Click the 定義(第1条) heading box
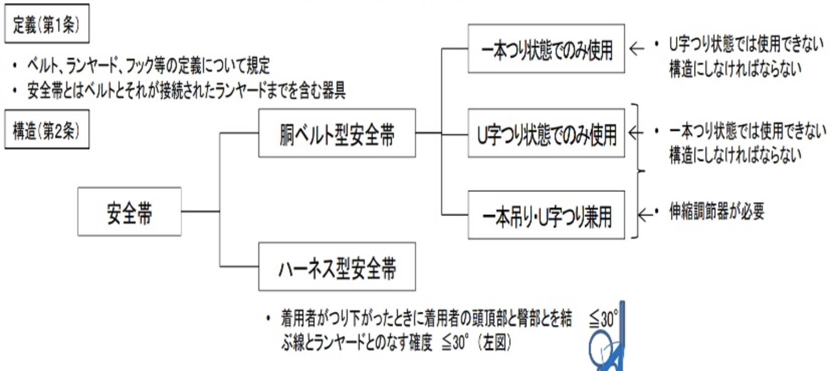pos(46,24)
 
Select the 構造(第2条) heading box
pos(46,130)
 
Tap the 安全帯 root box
pos(129,212)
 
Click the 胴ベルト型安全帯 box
pos(337,134)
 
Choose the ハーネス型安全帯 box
pos(337,267)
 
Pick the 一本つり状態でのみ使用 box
pos(546,49)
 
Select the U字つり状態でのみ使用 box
pos(546,134)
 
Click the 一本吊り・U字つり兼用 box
pos(546,216)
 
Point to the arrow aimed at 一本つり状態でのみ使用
pos(637,49)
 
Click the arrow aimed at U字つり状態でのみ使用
pos(635,133)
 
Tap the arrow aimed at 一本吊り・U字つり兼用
pos(645,215)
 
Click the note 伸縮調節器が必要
pos(716,212)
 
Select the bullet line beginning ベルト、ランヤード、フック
pos(148,65)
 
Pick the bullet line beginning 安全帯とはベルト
pos(186,91)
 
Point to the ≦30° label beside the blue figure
pos(602,319)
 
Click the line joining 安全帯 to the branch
pos(200,212)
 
